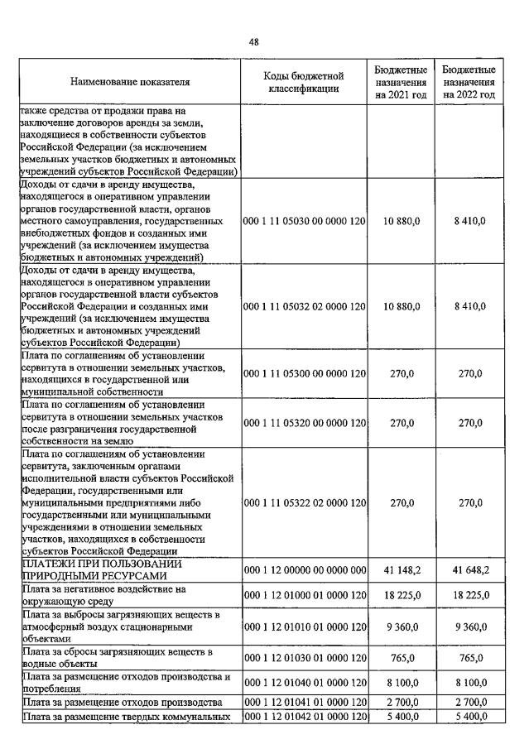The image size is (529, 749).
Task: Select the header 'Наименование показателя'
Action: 131,83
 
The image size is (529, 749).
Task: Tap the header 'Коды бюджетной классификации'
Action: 304,83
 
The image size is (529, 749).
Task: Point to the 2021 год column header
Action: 401,83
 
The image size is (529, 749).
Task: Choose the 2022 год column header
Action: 469,83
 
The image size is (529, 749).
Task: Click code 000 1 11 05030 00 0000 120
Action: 304,221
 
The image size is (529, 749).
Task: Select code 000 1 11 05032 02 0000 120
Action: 304,307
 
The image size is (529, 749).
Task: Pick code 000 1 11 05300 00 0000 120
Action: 304,374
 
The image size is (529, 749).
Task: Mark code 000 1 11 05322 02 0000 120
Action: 304,502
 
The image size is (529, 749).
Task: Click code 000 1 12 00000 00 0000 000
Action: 304,570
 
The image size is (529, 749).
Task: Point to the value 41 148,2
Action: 402,570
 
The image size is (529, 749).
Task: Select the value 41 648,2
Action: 469,570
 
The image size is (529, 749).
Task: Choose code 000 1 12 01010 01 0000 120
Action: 304,627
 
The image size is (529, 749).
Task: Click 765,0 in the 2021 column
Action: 402,659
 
